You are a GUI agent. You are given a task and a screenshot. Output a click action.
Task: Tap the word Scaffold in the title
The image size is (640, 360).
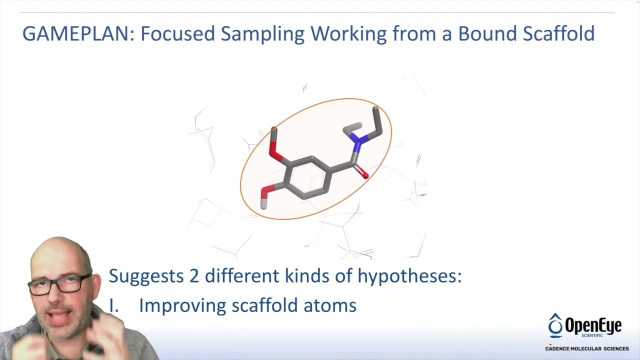[x=558, y=34]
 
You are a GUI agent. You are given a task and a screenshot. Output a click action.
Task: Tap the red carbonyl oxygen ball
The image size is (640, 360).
[x=365, y=175]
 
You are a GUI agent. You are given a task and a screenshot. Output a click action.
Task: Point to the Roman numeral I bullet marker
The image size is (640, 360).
[x=113, y=305]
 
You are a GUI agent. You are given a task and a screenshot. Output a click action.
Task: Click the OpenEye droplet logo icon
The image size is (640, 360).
[x=555, y=325]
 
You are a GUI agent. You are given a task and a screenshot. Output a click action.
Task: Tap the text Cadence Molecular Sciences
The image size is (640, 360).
[x=586, y=348]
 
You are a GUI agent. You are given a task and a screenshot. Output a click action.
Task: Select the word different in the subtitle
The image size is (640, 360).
[x=242, y=275]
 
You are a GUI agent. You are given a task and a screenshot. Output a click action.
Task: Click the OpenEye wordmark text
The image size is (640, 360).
[x=593, y=326]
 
